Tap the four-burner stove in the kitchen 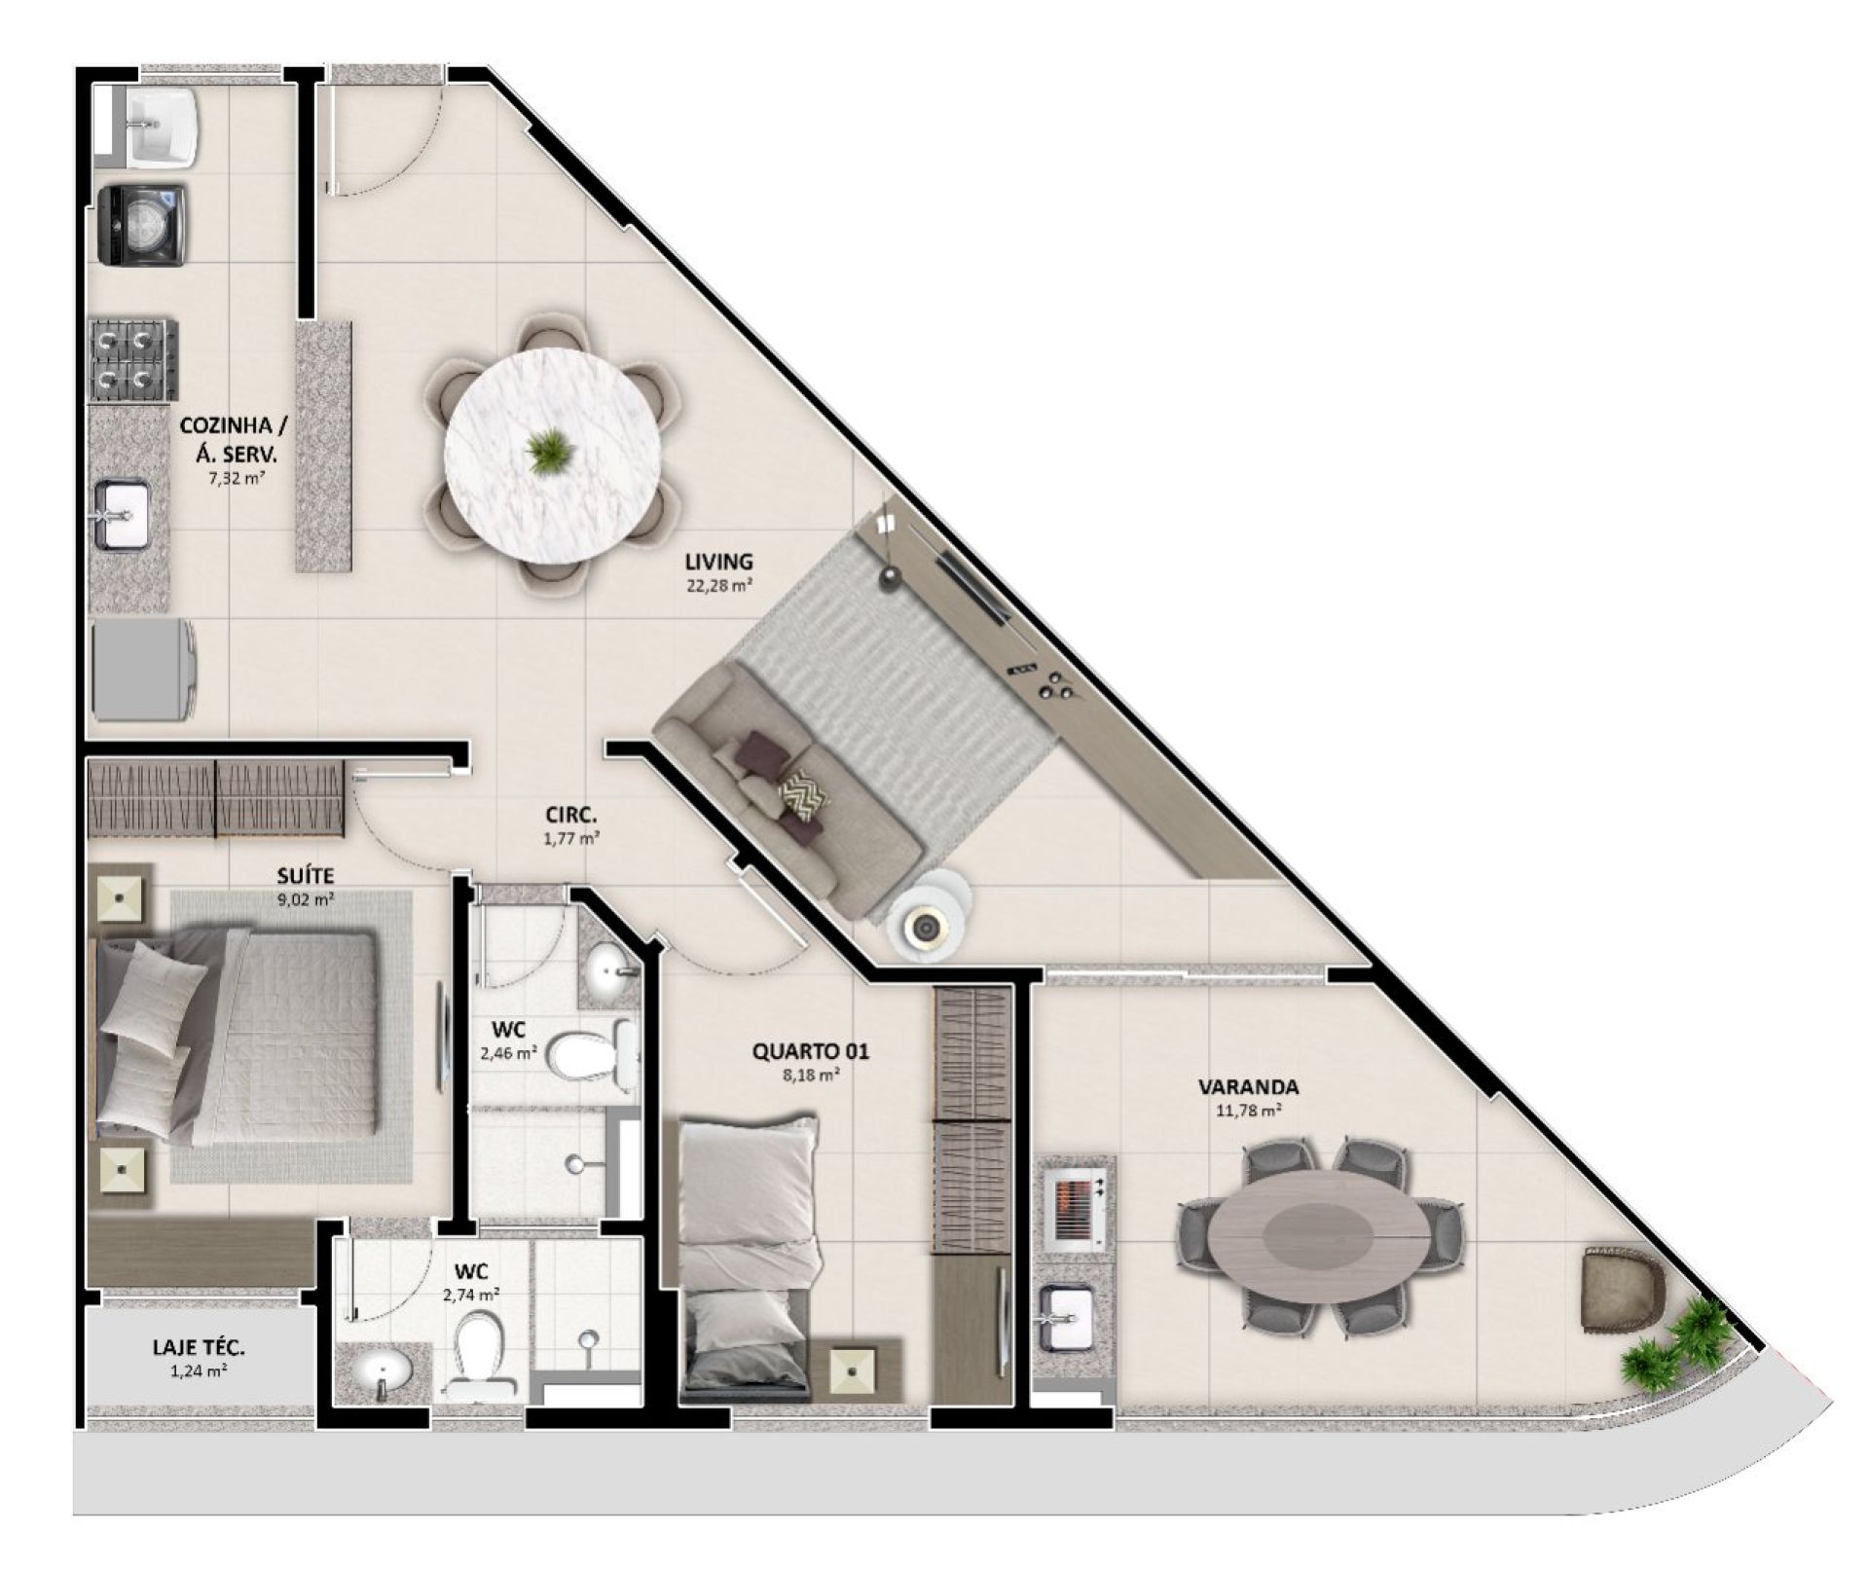click(135, 361)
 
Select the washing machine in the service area click(143, 226)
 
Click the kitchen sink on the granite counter click(123, 514)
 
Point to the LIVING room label click(718, 562)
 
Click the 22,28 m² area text click(718, 586)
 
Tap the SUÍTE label click(306, 877)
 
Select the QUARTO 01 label click(811, 1051)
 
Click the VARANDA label click(1248, 1087)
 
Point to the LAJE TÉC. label click(199, 1348)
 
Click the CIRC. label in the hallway click(571, 815)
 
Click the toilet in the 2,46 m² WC click(592, 1053)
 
